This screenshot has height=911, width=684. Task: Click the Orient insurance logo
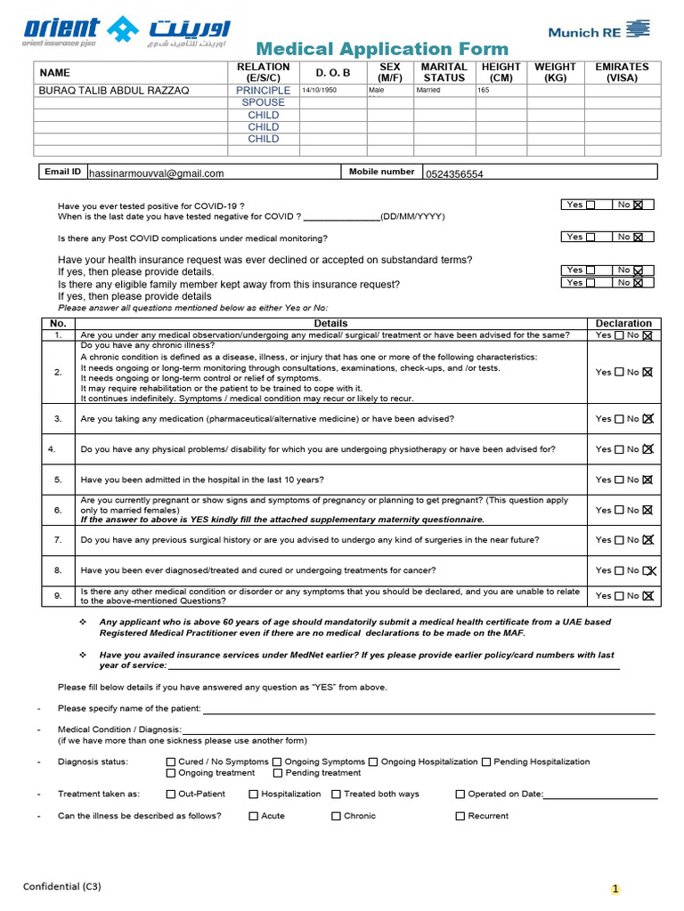[x=124, y=31]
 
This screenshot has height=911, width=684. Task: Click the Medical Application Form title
[x=382, y=49]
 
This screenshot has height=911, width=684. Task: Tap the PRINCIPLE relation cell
[x=263, y=90]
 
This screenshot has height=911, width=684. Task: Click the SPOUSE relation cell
[x=263, y=102]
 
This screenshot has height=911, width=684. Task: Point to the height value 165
[x=484, y=90]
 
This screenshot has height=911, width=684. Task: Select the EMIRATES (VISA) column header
[x=622, y=72]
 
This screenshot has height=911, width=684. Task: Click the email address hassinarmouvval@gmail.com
[x=157, y=173]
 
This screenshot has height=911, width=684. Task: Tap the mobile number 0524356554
[x=454, y=174]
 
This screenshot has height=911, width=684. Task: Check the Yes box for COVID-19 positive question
[x=590, y=205]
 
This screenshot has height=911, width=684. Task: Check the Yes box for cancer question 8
[x=619, y=570]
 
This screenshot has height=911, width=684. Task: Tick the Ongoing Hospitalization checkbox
[x=374, y=762]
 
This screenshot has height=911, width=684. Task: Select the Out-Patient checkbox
[x=171, y=794]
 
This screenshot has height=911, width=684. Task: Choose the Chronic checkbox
[x=337, y=816]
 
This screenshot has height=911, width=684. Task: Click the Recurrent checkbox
[x=460, y=816]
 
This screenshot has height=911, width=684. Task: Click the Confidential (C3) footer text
[x=62, y=886]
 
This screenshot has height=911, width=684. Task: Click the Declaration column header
[x=623, y=323]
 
